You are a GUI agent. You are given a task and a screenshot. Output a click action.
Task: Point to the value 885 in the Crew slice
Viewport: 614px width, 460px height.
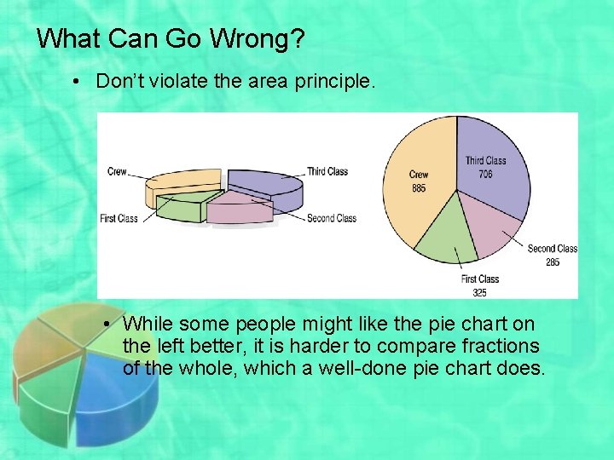(419, 188)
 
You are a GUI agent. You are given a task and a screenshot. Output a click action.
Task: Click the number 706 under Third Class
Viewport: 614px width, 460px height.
(485, 175)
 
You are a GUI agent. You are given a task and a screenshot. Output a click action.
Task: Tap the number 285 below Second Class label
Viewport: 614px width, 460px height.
(553, 262)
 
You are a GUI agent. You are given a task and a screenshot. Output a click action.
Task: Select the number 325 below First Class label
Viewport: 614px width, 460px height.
(479, 293)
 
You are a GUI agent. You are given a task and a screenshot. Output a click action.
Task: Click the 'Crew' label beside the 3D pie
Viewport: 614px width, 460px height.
(117, 172)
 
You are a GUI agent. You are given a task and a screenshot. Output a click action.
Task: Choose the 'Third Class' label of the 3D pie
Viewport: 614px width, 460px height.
(327, 171)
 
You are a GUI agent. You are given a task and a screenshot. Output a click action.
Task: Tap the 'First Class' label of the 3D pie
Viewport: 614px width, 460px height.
(119, 219)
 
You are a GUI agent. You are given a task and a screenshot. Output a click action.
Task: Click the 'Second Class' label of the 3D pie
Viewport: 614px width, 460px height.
(331, 219)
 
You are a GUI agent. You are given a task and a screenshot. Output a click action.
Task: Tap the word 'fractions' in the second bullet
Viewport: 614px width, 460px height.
(502, 346)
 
